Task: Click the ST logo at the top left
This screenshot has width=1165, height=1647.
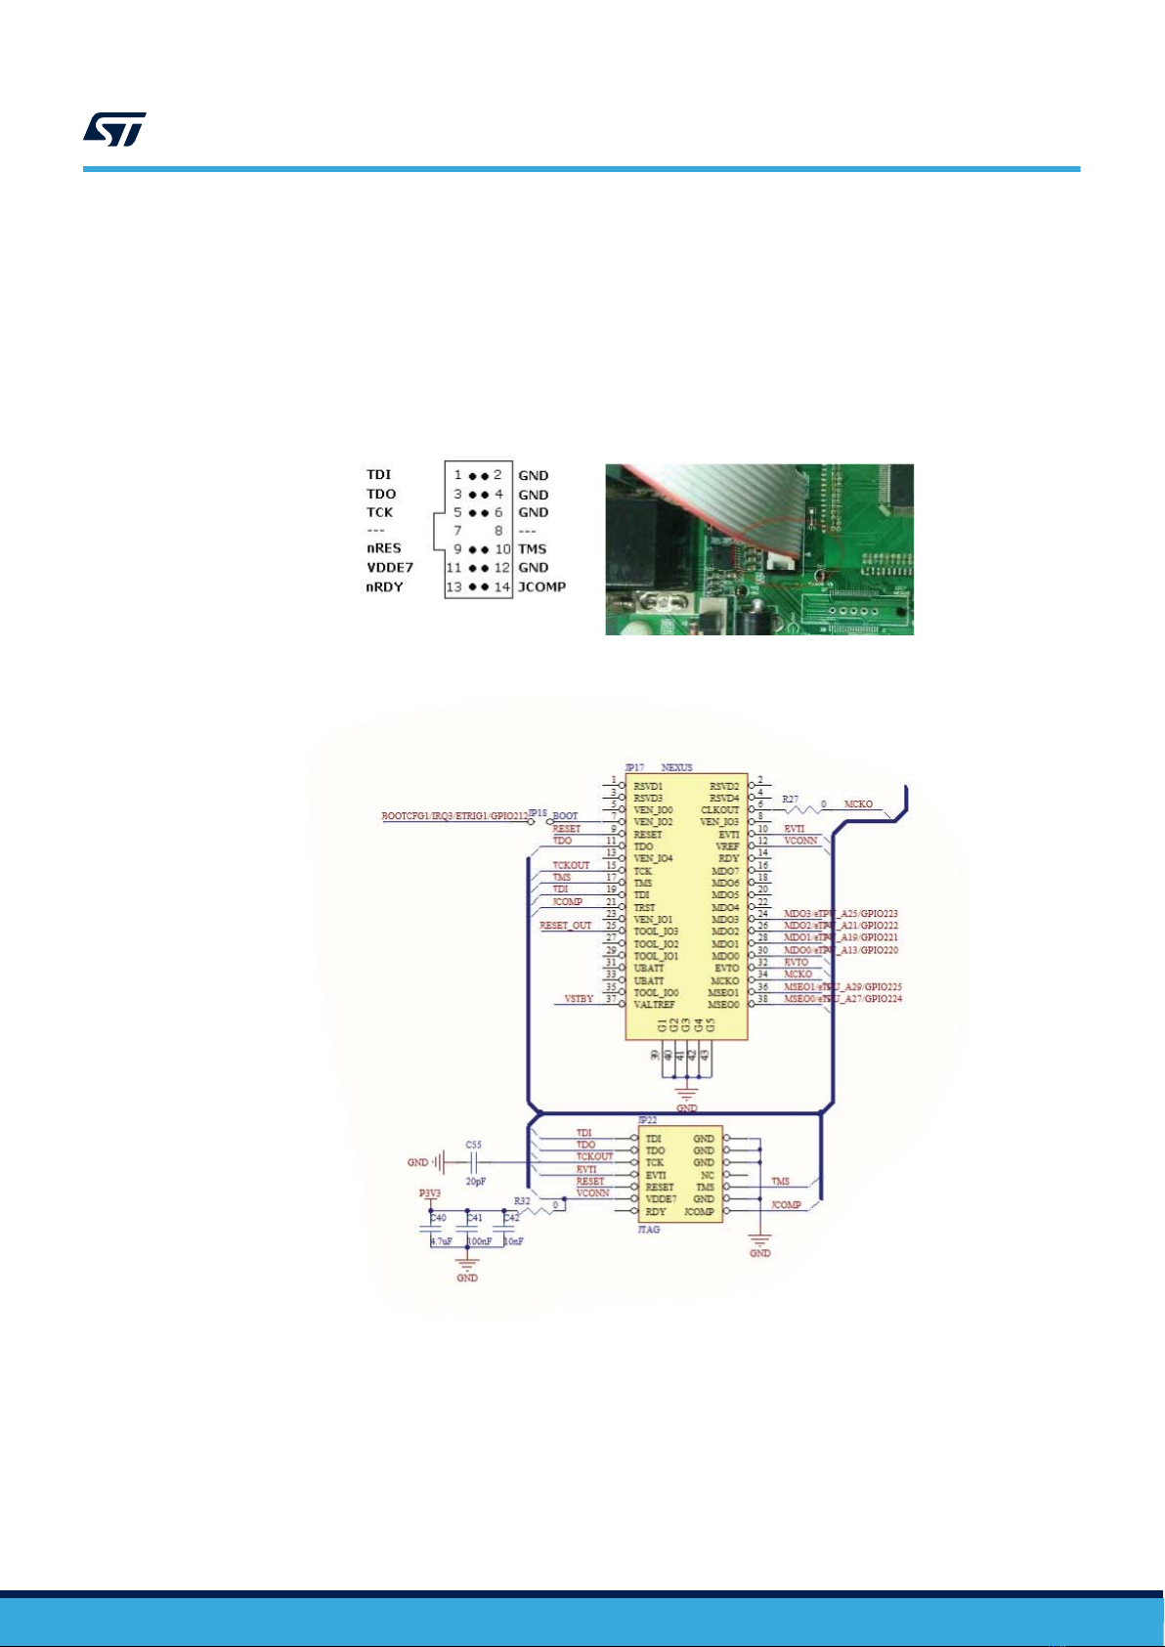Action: [114, 129]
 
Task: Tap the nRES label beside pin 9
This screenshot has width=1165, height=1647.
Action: [383, 548]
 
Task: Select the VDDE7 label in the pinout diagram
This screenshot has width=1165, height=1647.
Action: [390, 567]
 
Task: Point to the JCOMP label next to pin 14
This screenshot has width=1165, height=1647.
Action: [541, 586]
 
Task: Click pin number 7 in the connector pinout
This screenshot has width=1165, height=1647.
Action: [456, 531]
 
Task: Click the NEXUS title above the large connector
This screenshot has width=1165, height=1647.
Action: [677, 767]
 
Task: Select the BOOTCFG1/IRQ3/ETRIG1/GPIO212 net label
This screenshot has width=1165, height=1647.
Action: [454, 815]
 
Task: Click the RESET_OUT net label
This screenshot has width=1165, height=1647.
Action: [565, 925]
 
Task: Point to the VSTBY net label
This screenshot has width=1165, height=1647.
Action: [579, 999]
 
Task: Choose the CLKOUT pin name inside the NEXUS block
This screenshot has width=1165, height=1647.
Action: [720, 810]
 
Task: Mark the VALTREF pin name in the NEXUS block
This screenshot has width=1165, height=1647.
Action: [654, 1005]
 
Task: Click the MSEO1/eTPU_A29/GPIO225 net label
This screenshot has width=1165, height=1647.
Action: [841, 987]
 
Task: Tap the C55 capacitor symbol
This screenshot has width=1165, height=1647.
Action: [474, 1163]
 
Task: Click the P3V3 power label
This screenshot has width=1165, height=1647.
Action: [431, 1193]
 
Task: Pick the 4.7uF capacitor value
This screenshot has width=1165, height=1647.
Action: [441, 1241]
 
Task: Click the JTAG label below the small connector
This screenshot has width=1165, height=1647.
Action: [649, 1230]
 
